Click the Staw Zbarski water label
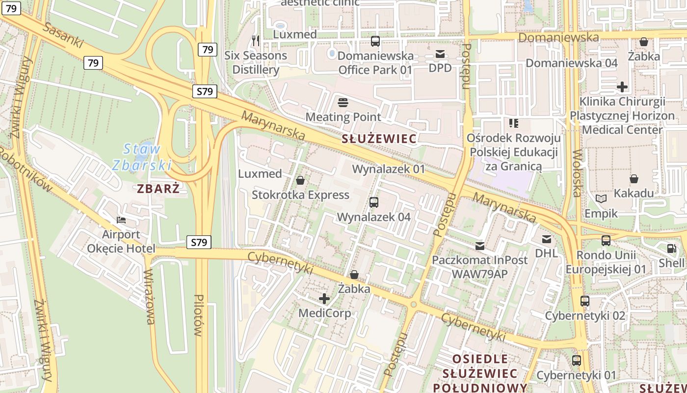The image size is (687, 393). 141,156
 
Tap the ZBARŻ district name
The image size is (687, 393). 159,189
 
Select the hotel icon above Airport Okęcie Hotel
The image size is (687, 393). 121,220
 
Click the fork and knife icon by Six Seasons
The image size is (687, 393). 255,41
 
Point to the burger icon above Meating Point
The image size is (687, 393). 343,103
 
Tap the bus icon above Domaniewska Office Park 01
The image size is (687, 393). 375,41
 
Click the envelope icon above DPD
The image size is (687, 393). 440,54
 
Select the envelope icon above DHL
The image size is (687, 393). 546,239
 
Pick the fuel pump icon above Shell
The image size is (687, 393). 671,249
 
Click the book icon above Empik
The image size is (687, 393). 601,199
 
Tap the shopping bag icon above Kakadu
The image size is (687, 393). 634,179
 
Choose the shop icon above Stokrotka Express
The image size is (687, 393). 300,181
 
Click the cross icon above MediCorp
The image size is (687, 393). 324,299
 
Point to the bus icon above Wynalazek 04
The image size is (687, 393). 374,202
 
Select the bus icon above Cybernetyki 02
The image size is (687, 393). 585,301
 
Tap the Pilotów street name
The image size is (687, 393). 198,315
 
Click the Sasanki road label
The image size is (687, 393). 63,35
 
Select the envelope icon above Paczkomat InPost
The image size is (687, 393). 479,246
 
